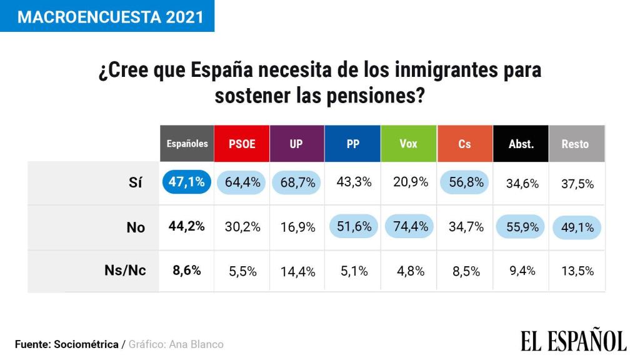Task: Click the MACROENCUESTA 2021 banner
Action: click(x=107, y=16)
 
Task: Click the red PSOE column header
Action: click(x=242, y=144)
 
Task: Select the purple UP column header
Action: click(x=297, y=144)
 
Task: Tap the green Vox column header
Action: click(x=408, y=144)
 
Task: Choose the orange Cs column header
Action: click(x=464, y=144)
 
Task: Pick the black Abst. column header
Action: click(x=521, y=144)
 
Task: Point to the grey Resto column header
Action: click(x=576, y=144)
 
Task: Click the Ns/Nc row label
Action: click(x=125, y=271)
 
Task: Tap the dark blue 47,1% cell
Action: click(x=186, y=182)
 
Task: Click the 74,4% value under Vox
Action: click(x=409, y=226)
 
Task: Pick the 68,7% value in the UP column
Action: click(x=297, y=182)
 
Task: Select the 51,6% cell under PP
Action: click(x=353, y=226)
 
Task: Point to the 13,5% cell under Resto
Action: click(x=576, y=271)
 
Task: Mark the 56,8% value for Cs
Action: click(x=465, y=182)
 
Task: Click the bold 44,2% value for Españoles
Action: click(x=186, y=226)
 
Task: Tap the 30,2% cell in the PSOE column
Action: click(x=242, y=226)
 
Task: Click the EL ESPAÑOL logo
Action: click(x=573, y=341)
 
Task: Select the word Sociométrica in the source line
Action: click(x=86, y=344)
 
